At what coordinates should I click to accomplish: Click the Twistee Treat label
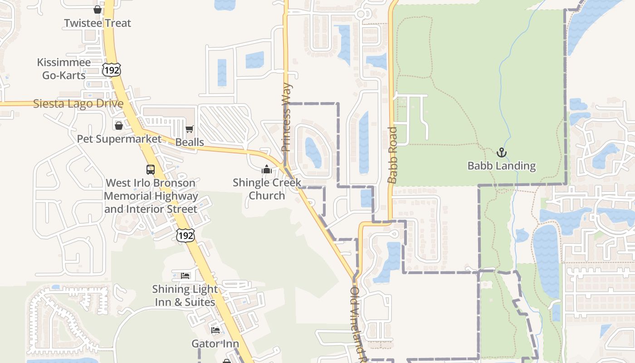98,23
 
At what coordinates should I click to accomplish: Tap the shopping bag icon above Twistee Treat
97,10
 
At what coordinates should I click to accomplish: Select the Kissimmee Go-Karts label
64,69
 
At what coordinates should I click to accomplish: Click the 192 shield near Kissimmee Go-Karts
112,69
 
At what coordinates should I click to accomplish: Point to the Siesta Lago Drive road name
78,103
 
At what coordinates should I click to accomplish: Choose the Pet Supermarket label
119,139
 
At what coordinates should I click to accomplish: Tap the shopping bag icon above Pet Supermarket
119,125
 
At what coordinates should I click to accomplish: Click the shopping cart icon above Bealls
190,129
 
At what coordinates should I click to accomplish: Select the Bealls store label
190,142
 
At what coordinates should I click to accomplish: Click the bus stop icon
151,170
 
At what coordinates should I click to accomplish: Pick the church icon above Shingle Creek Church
267,170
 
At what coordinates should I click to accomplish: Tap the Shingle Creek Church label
267,189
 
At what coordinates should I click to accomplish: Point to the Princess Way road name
286,118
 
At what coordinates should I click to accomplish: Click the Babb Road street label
393,155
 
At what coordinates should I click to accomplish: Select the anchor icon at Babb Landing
502,152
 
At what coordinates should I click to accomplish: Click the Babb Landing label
502,166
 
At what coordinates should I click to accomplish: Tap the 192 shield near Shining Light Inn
186,235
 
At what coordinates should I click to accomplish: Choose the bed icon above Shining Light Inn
185,275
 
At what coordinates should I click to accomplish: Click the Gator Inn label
215,343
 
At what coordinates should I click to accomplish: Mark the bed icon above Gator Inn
215,330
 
